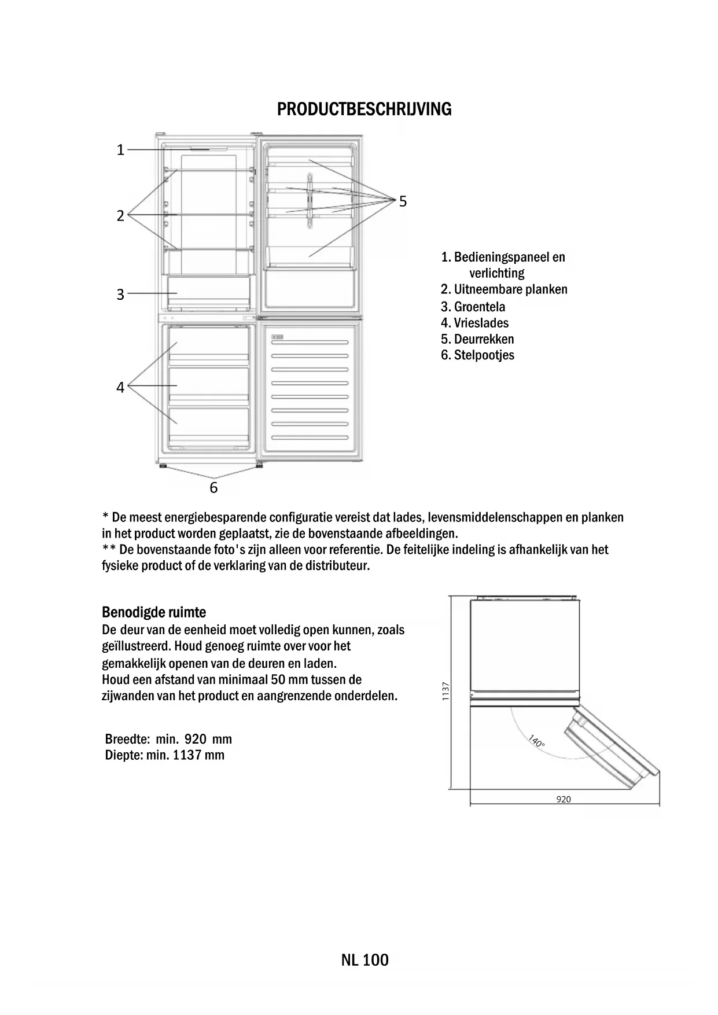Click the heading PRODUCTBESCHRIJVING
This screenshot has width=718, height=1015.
click(x=364, y=109)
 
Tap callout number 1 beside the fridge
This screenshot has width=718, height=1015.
click(x=120, y=150)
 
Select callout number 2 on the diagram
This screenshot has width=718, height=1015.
click(x=120, y=216)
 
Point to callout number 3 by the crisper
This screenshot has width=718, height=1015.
click(x=120, y=295)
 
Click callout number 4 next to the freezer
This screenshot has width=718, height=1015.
click(x=120, y=387)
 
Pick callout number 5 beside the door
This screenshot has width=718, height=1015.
click(x=403, y=201)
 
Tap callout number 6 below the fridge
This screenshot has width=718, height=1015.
click(x=213, y=488)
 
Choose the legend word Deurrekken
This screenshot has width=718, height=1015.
click(x=484, y=339)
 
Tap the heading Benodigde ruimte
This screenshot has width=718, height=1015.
click(x=154, y=612)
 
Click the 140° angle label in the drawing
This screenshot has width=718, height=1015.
click(x=536, y=740)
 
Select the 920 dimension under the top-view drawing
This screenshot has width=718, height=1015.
click(x=563, y=799)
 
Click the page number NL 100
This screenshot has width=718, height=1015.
click(x=364, y=960)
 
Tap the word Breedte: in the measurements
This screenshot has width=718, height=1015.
click(x=128, y=739)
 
